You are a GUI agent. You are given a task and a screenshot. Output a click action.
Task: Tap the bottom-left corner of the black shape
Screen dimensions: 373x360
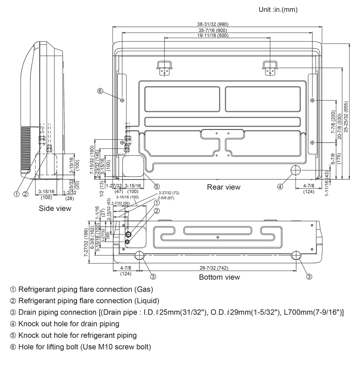(x=10, y=351)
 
